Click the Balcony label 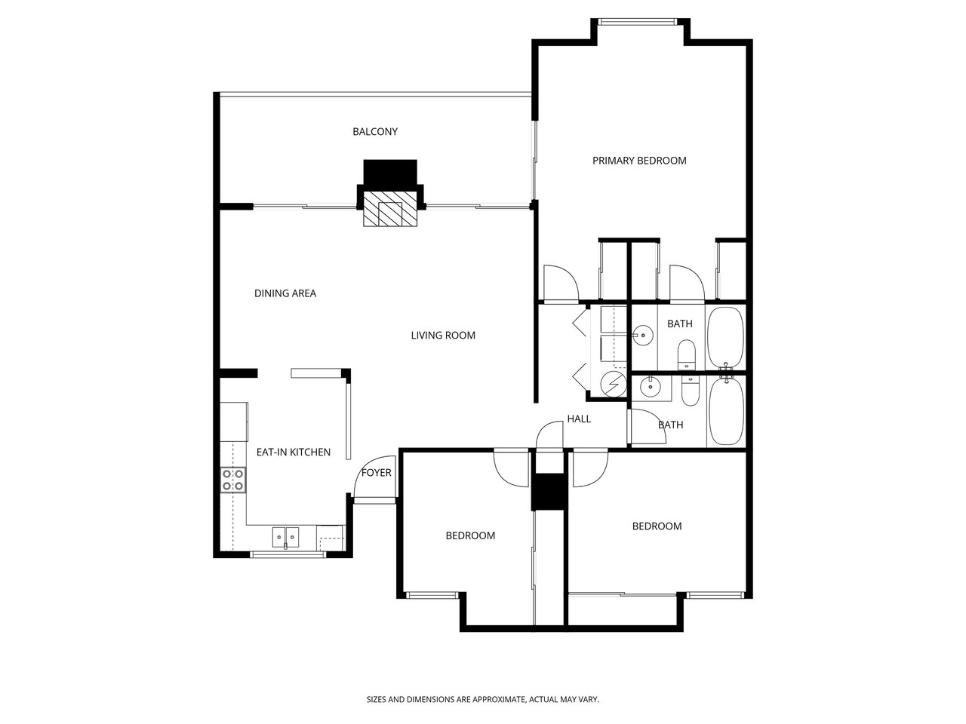tap(374, 131)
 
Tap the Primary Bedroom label tap(639, 161)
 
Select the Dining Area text tap(285, 293)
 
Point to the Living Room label tap(443, 336)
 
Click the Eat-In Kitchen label tap(293, 452)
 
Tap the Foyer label tap(377, 473)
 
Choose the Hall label tap(579, 419)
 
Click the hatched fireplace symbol tap(390, 209)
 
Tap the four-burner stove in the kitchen tap(232, 480)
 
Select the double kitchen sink tap(285, 537)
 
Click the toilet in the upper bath tap(686, 354)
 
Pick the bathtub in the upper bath tap(726, 339)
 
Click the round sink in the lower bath tap(650, 387)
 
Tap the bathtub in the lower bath tap(727, 412)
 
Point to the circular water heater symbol tap(614, 384)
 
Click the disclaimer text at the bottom tap(483, 699)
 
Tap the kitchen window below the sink tap(288, 554)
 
